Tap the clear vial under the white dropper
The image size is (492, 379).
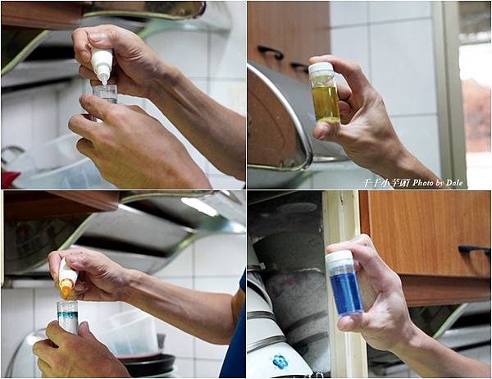click(x=104, y=94)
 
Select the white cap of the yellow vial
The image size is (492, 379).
click(x=321, y=69)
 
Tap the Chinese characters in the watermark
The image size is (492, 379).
click(x=386, y=182)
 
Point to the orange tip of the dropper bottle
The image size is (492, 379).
click(x=66, y=290)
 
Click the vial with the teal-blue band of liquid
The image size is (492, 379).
click(x=68, y=315)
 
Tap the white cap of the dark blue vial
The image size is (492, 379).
click(x=339, y=258)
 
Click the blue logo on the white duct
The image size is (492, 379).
click(x=280, y=361)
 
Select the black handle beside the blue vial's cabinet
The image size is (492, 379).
click(x=474, y=249)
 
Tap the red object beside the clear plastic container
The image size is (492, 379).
click(x=8, y=178)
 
